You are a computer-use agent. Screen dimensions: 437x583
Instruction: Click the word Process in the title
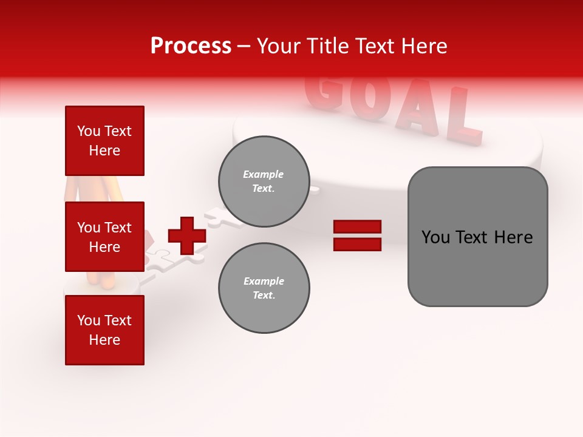click(191, 46)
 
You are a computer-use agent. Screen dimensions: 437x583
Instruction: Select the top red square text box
click(104, 141)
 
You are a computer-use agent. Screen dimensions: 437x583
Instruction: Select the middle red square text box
click(104, 237)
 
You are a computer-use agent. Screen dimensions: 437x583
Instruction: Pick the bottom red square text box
click(104, 330)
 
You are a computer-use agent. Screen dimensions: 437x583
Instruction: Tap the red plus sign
click(187, 235)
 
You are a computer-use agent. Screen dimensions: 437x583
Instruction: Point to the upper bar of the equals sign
click(357, 227)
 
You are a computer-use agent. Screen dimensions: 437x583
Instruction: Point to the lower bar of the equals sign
click(357, 244)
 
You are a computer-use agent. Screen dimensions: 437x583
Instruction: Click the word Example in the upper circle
click(263, 174)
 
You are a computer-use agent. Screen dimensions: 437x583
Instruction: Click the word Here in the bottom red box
click(104, 340)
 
